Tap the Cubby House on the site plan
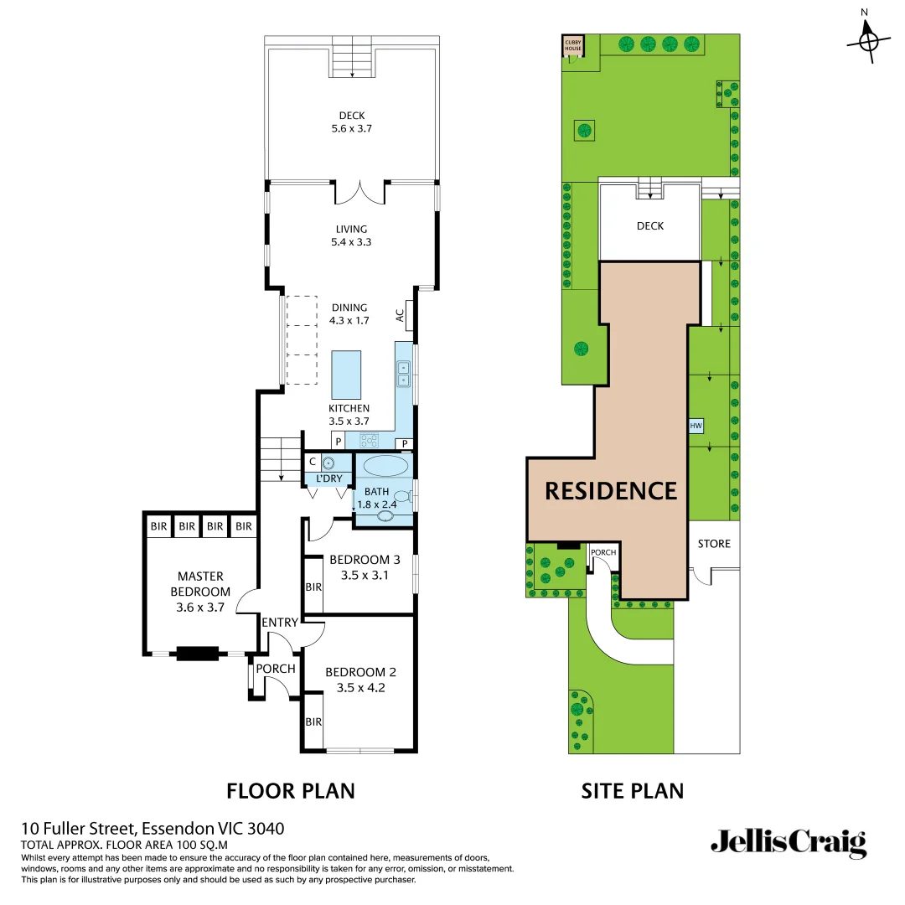(x=572, y=45)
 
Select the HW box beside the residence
(x=696, y=427)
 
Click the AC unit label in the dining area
(x=401, y=315)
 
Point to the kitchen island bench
(x=346, y=375)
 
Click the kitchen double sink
(x=403, y=373)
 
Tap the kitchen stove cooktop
(x=370, y=440)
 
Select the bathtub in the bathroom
(x=385, y=466)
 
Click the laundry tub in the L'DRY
(x=328, y=463)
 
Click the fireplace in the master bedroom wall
(x=196, y=653)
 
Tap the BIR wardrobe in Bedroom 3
(x=313, y=587)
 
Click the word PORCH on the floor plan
(x=276, y=668)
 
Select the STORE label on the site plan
(x=714, y=544)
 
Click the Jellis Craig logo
(x=788, y=842)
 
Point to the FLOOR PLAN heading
(x=291, y=790)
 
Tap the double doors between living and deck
(x=360, y=192)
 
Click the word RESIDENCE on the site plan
(x=611, y=490)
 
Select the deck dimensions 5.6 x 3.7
(x=352, y=129)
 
